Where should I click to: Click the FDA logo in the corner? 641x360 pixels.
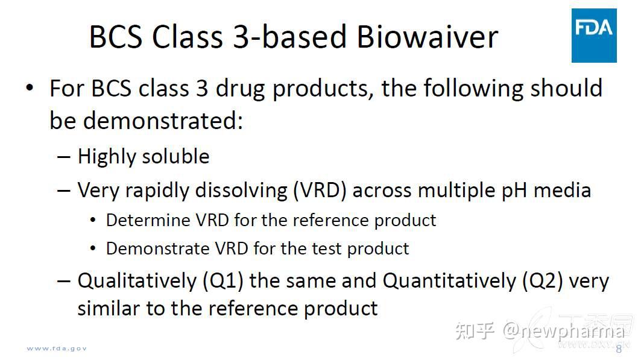(594, 36)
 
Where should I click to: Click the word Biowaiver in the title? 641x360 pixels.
(427, 37)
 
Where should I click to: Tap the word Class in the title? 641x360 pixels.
(187, 37)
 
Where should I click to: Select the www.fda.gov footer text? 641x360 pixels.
(57, 349)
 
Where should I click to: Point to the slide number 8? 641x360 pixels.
(618, 349)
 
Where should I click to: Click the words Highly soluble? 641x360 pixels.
(144, 157)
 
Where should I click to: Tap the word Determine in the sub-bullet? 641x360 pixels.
(148, 220)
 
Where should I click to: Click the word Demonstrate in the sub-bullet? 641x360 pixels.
(156, 248)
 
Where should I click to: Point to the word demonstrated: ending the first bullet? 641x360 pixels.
(162, 121)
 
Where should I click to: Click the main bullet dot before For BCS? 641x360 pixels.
(30, 89)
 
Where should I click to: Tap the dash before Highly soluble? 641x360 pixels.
(64, 157)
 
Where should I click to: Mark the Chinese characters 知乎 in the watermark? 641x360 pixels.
(476, 330)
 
